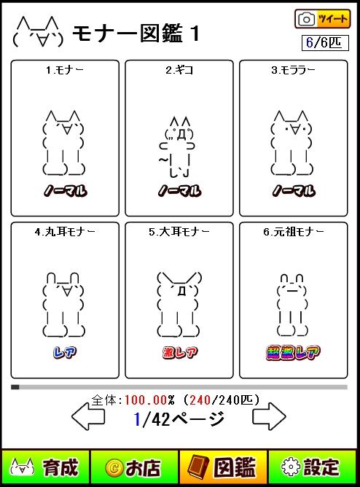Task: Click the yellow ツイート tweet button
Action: tap(322, 19)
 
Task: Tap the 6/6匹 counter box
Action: tap(325, 42)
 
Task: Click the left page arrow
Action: tap(88, 416)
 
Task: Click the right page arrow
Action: tap(269, 416)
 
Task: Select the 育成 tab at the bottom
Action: tap(45, 467)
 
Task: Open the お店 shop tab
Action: tap(134, 467)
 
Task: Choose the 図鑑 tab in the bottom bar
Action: tap(224, 467)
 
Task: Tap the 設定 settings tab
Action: tap(313, 467)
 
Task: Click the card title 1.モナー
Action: tap(65, 70)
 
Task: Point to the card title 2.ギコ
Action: tap(179, 70)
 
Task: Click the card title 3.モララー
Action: tap(293, 70)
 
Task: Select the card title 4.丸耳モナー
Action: tap(65, 232)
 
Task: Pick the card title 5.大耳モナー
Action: tap(179, 232)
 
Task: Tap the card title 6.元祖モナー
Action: tap(294, 232)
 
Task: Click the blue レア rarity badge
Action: tap(65, 352)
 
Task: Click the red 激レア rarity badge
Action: tap(180, 352)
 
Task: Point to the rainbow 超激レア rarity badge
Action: tap(293, 352)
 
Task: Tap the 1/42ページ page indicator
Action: tap(179, 419)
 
